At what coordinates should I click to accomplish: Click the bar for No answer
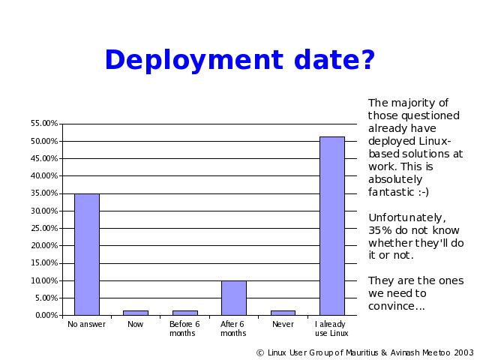pos(87,254)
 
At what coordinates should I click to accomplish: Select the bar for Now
pos(136,313)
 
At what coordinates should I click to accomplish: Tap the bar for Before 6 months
pos(185,313)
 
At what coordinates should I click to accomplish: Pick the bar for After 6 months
pos(234,298)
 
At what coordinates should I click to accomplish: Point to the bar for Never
pos(283,313)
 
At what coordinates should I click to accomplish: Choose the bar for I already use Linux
pos(332,226)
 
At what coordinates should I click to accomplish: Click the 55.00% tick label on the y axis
pos(44,123)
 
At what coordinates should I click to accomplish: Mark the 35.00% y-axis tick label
pos(44,193)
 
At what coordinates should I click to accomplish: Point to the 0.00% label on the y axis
pos(46,315)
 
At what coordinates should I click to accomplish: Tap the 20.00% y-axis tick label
pos(44,245)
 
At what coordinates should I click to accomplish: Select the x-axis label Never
pos(283,324)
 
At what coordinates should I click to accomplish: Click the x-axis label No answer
pos(86,324)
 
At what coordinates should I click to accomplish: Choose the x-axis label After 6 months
pos(233,328)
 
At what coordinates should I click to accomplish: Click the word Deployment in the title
pos(194,60)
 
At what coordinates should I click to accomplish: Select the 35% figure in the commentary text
pos(380,230)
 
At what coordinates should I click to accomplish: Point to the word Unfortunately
pos(407,217)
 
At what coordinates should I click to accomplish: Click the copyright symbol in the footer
pos(260,353)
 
